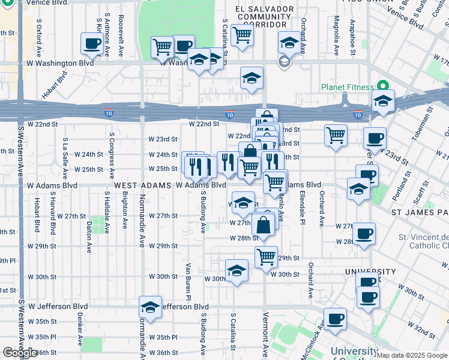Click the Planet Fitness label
(347, 87)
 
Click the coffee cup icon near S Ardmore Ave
(92, 43)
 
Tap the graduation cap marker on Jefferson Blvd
(150, 307)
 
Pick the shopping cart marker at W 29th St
(266, 257)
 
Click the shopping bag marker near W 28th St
(264, 226)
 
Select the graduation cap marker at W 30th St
(237, 271)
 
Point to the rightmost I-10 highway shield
(358, 115)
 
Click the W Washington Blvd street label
(59, 63)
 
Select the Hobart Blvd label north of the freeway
(55, 86)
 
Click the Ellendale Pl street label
(303, 212)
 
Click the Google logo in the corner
(20, 353)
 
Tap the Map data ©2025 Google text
(412, 355)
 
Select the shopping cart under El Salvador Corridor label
(242, 34)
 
